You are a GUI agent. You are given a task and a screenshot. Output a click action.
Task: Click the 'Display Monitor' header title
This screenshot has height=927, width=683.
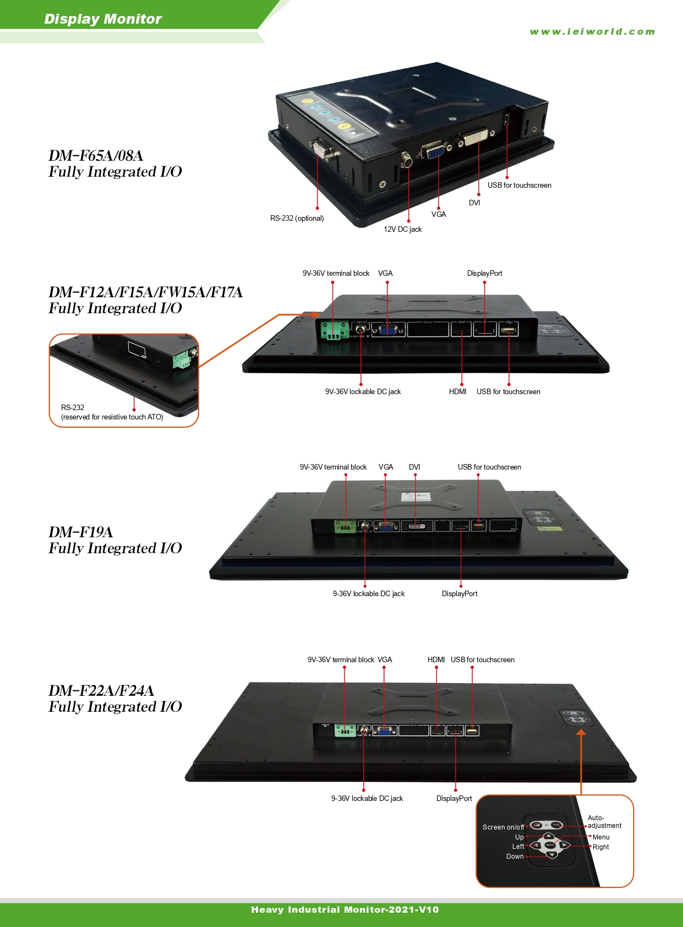pyautogui.click(x=103, y=19)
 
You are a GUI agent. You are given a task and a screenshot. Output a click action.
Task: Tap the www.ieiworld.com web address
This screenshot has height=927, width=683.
pyautogui.click(x=592, y=32)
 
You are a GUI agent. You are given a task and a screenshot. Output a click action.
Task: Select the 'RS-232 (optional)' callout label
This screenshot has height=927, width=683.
pyautogui.click(x=297, y=219)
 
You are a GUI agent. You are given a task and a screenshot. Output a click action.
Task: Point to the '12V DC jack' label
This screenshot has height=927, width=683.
pyautogui.click(x=402, y=230)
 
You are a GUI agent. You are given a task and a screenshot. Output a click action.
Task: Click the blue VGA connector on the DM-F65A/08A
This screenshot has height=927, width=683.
pyautogui.click(x=433, y=150)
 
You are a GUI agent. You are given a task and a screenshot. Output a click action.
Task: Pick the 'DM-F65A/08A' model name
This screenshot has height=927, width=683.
pyautogui.click(x=96, y=156)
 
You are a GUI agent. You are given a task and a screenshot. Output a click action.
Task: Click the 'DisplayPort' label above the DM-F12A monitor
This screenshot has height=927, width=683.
pyautogui.click(x=484, y=274)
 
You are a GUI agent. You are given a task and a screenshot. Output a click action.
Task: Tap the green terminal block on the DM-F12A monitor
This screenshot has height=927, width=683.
pyautogui.click(x=334, y=330)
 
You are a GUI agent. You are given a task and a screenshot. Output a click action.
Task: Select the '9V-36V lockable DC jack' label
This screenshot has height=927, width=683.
pyautogui.click(x=363, y=392)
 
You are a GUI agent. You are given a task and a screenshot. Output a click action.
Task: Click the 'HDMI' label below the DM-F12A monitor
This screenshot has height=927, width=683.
pyautogui.click(x=457, y=392)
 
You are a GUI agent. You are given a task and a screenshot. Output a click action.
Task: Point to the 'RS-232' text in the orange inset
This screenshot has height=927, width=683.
pyautogui.click(x=73, y=408)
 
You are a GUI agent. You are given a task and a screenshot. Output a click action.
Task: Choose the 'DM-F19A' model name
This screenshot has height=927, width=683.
pyautogui.click(x=80, y=532)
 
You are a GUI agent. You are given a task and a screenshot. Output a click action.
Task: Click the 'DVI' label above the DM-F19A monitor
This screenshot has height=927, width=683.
pyautogui.click(x=414, y=467)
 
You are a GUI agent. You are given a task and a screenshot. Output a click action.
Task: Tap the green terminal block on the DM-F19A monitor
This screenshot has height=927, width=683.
pyautogui.click(x=345, y=527)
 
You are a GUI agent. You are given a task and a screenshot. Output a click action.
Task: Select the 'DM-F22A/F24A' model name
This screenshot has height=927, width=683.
pyautogui.click(x=101, y=691)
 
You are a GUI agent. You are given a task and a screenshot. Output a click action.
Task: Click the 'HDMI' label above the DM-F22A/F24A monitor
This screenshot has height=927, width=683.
pyautogui.click(x=436, y=660)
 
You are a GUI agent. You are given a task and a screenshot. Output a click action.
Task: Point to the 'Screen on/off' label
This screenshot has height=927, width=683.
pyautogui.click(x=503, y=827)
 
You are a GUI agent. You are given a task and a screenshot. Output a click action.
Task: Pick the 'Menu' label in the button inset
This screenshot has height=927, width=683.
pyautogui.click(x=601, y=837)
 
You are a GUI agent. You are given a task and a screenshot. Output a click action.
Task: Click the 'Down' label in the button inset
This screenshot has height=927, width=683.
pyautogui.click(x=515, y=857)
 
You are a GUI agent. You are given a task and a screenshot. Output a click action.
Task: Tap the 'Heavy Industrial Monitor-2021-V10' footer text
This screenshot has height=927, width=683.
pyautogui.click(x=345, y=910)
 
